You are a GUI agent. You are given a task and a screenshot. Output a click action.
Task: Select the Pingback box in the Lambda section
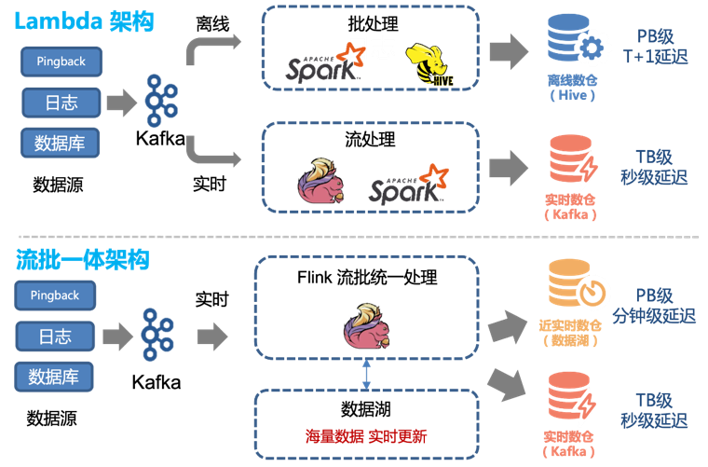point(61,62)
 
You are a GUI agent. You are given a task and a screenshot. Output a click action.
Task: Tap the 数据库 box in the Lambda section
point(61,144)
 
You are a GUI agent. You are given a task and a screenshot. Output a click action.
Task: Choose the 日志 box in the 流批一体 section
point(55,336)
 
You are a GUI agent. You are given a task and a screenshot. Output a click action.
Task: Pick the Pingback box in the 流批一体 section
point(55,295)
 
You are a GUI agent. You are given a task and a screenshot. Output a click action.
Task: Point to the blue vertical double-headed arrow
point(366,375)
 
